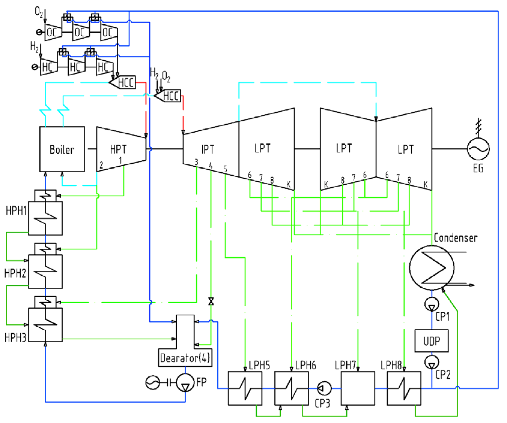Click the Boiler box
[x=62, y=149]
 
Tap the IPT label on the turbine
[x=208, y=149]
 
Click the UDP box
[x=431, y=341]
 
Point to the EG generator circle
[x=478, y=148]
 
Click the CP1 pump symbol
[x=432, y=304]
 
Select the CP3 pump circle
[x=324, y=388]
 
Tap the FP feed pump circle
[x=185, y=383]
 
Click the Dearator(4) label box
[x=185, y=358]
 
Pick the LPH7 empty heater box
[x=358, y=388]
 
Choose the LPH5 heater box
[x=245, y=388]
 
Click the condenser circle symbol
[x=432, y=268]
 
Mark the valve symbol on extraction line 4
[x=211, y=301]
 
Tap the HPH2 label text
[x=15, y=273]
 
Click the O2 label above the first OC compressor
[x=39, y=12]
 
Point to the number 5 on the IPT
[x=225, y=169]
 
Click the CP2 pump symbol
[x=432, y=362]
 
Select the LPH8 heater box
[x=404, y=388]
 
